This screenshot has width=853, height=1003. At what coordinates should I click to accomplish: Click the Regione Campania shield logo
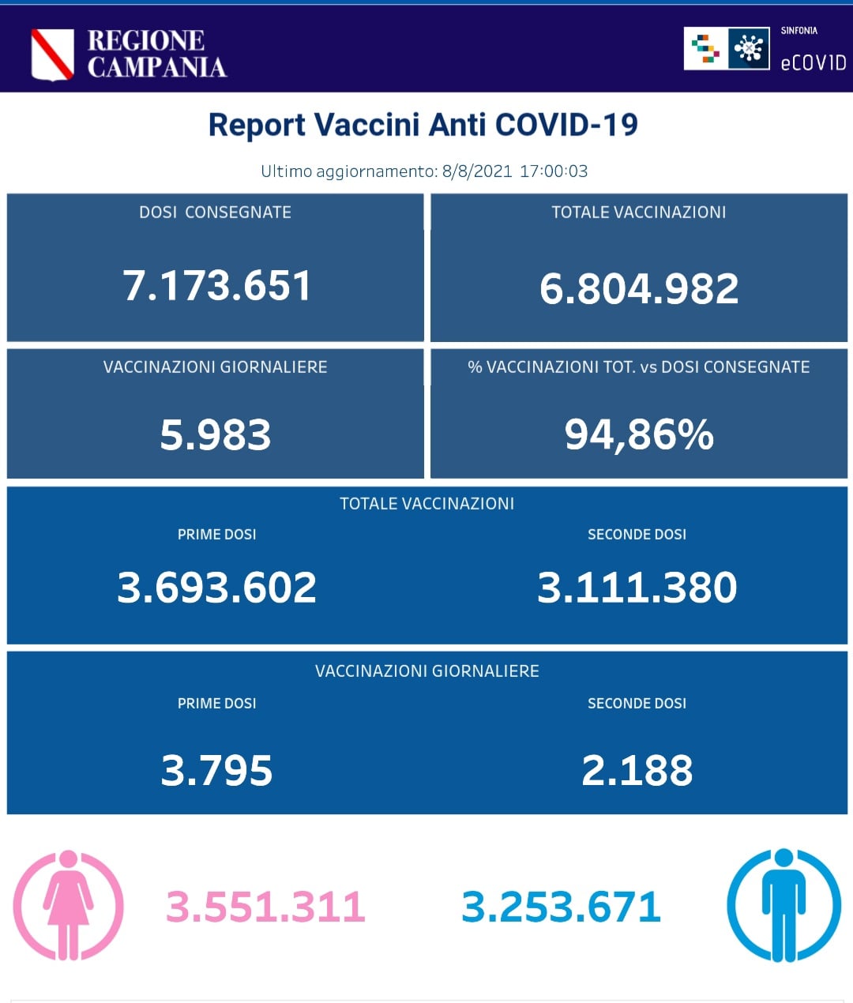click(52, 54)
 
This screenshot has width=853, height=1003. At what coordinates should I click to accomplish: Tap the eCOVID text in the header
click(813, 63)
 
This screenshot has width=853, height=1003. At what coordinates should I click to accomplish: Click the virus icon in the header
click(748, 49)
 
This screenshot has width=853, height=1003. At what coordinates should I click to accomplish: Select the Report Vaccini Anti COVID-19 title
click(423, 125)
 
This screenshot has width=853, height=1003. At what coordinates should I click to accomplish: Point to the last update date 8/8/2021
click(477, 171)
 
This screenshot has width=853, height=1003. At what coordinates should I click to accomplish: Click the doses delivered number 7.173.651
click(216, 285)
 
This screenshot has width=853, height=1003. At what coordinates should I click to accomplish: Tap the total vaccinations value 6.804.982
click(638, 288)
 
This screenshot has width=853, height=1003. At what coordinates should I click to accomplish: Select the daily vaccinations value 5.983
click(215, 434)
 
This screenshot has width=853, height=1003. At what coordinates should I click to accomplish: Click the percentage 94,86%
click(638, 434)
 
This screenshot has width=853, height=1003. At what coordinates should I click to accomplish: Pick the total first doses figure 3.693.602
click(216, 588)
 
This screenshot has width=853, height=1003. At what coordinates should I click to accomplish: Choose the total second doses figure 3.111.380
click(637, 588)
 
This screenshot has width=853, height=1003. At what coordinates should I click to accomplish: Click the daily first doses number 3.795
click(216, 771)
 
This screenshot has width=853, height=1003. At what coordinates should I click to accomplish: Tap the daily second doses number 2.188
click(637, 771)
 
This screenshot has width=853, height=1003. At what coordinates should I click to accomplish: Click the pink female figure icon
click(68, 905)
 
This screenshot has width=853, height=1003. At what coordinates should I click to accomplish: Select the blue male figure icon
click(783, 905)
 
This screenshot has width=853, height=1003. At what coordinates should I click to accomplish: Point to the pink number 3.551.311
click(265, 907)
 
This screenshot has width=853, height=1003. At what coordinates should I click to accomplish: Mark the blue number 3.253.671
click(561, 907)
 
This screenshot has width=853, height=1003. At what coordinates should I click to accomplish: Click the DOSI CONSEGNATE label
click(215, 212)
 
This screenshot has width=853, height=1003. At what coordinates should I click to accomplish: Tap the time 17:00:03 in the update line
click(554, 171)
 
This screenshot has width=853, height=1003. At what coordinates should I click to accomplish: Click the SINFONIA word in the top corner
click(799, 31)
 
